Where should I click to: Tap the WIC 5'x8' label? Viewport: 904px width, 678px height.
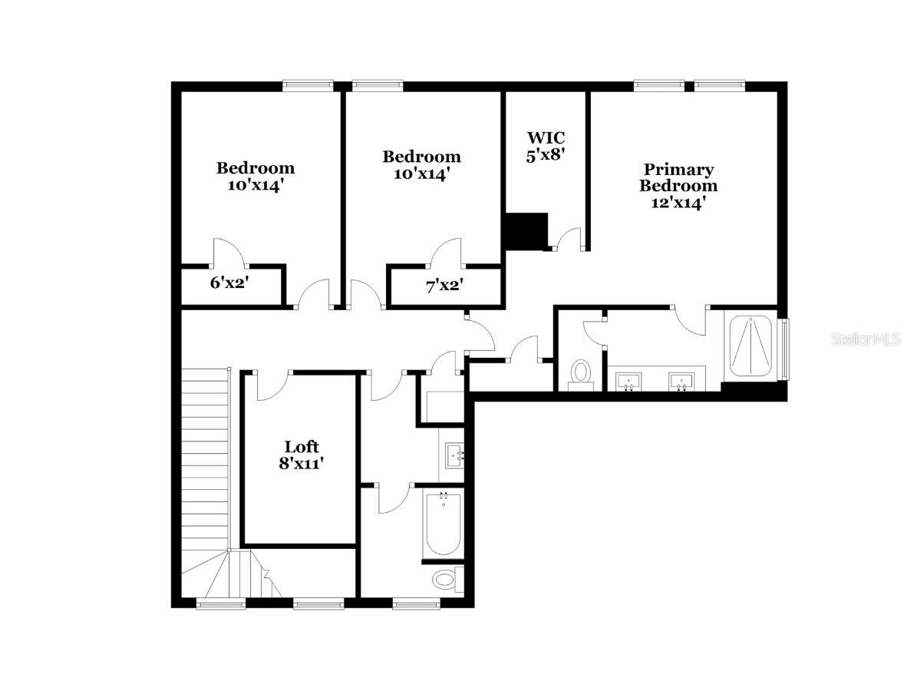coord(546,146)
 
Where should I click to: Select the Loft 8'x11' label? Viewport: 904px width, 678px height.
coord(301,455)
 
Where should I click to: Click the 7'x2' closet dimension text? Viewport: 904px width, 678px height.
coord(444,286)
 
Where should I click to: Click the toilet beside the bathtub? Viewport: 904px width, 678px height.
coord(445,577)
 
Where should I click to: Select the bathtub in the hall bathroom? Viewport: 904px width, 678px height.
coord(443,524)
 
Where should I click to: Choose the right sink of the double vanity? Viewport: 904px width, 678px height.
coord(681,380)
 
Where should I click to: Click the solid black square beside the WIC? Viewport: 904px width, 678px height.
coord(526,231)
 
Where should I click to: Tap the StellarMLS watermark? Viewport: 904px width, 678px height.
coord(866,339)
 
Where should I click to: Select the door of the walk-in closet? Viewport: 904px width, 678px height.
coord(568,240)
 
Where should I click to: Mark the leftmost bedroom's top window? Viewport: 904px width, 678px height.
coord(307,86)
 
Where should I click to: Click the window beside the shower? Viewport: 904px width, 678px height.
coord(784,349)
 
